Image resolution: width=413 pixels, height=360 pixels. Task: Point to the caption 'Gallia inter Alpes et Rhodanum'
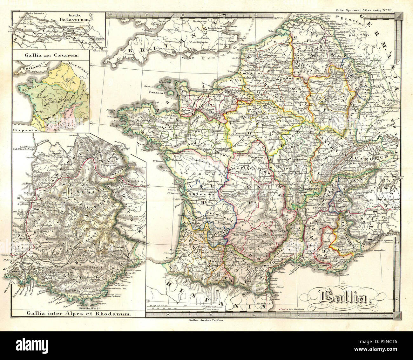75,314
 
